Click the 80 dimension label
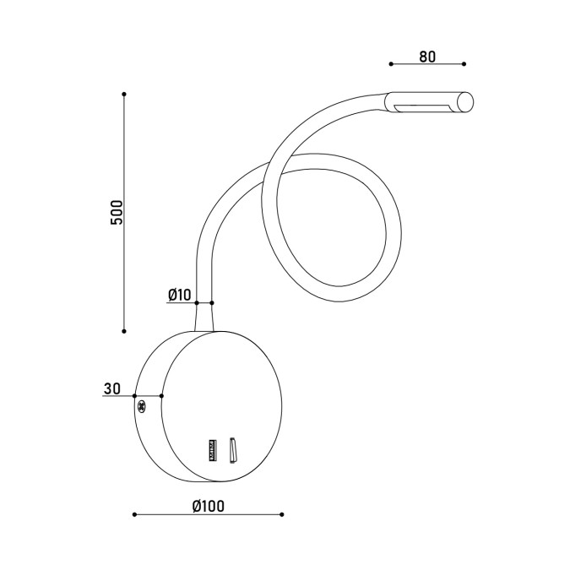[x=427, y=57]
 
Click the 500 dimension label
[x=117, y=212]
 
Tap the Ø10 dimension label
[x=180, y=295]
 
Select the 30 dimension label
[x=112, y=388]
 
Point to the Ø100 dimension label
[x=209, y=506]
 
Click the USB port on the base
[x=213, y=450]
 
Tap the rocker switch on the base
[x=233, y=450]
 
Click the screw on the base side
[x=141, y=407]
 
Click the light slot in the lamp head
[x=423, y=108]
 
